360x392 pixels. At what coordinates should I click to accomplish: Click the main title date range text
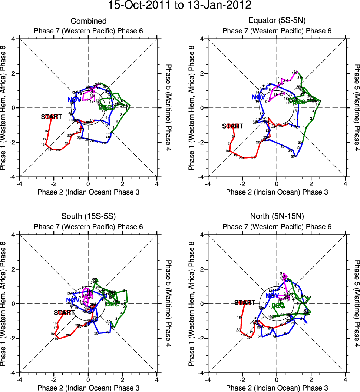180,6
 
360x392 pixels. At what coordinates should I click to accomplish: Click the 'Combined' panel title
89,21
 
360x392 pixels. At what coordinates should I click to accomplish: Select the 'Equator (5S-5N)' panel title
277,21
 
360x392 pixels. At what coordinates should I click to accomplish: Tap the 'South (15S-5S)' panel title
89,217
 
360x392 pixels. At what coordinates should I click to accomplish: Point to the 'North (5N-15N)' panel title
277,217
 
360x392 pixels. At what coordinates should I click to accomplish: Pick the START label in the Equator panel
232,126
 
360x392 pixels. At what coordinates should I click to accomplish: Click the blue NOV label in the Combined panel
74,99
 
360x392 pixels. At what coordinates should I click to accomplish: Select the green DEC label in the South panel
112,305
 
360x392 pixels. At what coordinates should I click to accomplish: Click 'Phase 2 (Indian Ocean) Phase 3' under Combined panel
89,192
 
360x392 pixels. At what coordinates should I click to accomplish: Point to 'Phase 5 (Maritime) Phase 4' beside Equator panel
357,108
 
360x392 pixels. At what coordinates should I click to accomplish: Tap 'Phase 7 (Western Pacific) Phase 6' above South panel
89,227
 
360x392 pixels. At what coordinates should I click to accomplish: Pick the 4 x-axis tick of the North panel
346,380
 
